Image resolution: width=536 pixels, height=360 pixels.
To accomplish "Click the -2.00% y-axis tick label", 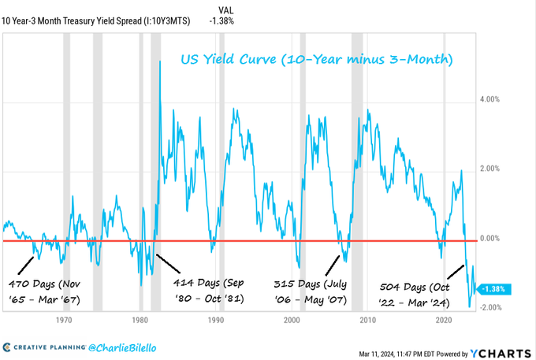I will pyautogui.click(x=492, y=307).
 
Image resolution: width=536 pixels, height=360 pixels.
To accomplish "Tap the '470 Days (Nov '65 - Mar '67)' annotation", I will pyautogui.click(x=46, y=290).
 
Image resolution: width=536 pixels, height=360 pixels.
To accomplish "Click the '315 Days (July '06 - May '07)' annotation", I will pyautogui.click(x=313, y=290).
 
